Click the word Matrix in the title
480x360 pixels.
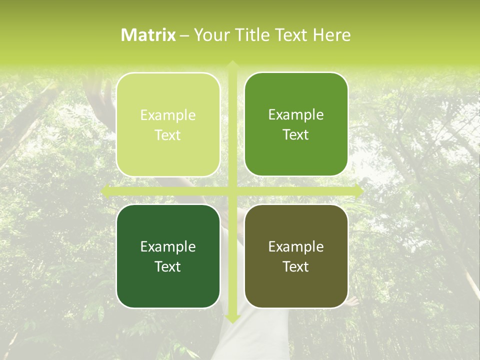click(148, 35)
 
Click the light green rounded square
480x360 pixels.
click(168, 124)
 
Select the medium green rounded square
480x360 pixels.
click(296, 124)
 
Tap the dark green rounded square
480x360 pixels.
click(168, 256)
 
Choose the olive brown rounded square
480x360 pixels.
click(296, 256)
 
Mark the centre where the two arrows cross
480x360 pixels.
click(232, 190)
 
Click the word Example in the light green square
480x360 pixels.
click(168, 115)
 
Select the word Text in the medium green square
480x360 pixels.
click(296, 134)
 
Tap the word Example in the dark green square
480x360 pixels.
click(168, 246)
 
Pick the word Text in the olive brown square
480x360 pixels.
click(296, 266)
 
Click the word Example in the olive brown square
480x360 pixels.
click(296, 246)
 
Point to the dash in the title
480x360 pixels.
click(184, 35)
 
